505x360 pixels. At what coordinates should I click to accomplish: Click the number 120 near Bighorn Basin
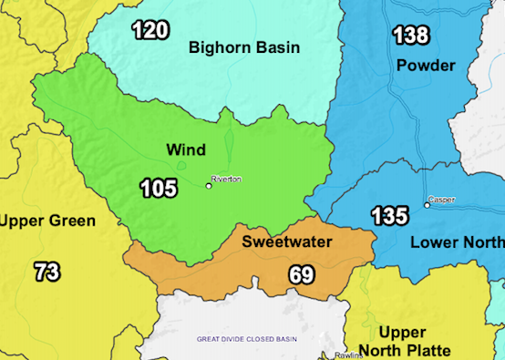[x=149, y=31]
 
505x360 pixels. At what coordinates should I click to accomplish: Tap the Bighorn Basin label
[x=243, y=47]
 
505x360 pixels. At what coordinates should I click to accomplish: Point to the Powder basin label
[x=426, y=66]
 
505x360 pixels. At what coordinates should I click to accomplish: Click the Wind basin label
[x=185, y=149]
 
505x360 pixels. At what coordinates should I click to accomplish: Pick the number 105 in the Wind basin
[x=159, y=189]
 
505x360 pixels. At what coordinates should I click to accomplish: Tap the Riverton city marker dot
[x=209, y=186]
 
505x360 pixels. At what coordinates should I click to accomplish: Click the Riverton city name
[x=226, y=180]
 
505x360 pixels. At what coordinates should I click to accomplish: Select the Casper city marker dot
[x=427, y=205]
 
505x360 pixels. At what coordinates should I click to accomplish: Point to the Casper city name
[x=443, y=200]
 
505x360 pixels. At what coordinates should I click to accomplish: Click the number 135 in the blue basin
[x=389, y=217]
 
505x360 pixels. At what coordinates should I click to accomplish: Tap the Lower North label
[x=457, y=242]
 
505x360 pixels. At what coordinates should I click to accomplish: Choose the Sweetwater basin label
[x=286, y=242]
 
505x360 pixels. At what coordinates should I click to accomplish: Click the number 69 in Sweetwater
[x=302, y=273]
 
